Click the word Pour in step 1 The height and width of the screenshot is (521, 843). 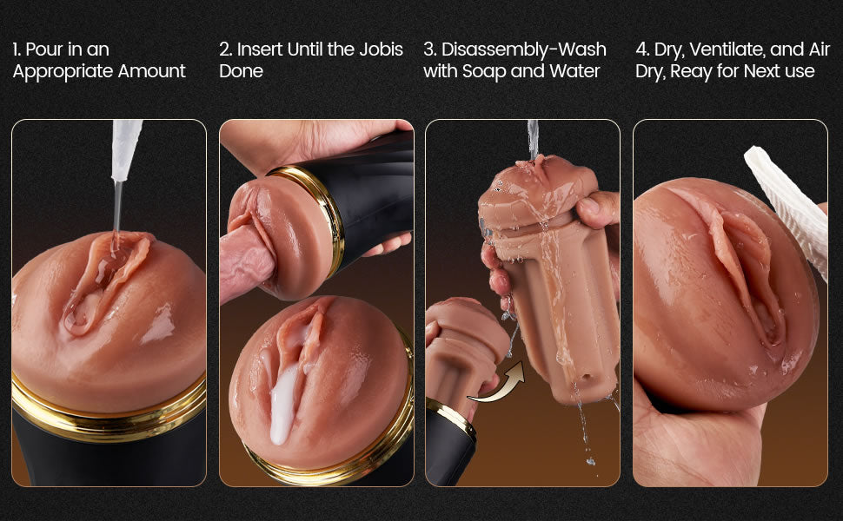(44, 49)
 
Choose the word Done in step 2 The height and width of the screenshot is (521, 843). (241, 71)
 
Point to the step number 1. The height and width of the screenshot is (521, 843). (16, 49)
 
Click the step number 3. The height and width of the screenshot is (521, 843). (428, 49)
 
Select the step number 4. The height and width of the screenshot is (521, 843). (641, 49)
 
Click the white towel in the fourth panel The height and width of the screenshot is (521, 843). (787, 204)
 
